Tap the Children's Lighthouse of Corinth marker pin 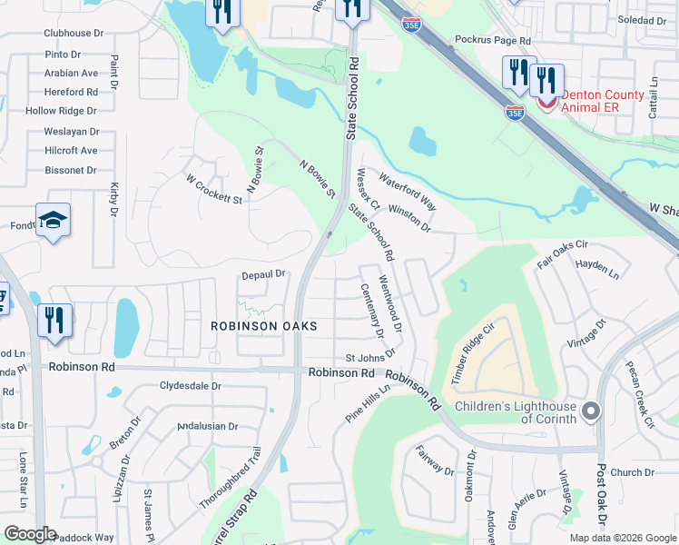pyautogui.click(x=591, y=412)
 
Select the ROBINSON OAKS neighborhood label pyautogui.click(x=264, y=326)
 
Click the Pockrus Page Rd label pyautogui.click(x=492, y=41)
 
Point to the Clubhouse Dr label pyautogui.click(x=74, y=33)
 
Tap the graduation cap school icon pyautogui.click(x=54, y=220)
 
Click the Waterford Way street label pyautogui.click(x=408, y=191)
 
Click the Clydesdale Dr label pyautogui.click(x=191, y=386)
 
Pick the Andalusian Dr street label pyautogui.click(x=208, y=425)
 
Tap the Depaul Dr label pyautogui.click(x=264, y=273)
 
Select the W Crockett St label pyautogui.click(x=214, y=189)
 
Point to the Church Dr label pyautogui.click(x=632, y=472)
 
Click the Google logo pyautogui.click(x=30, y=534)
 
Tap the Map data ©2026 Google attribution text pyautogui.click(x=623, y=538)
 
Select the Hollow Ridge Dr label pyautogui.click(x=61, y=111)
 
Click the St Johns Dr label pyautogui.click(x=370, y=355)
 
